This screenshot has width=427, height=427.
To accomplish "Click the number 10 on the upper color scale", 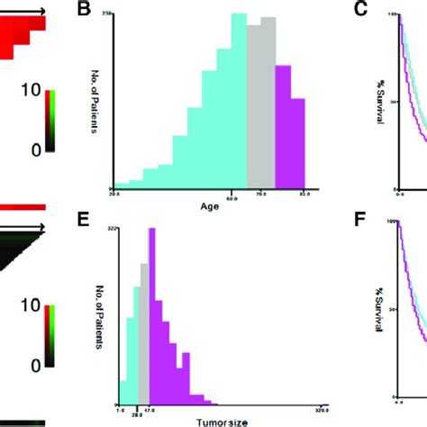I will [x=29, y=91].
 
